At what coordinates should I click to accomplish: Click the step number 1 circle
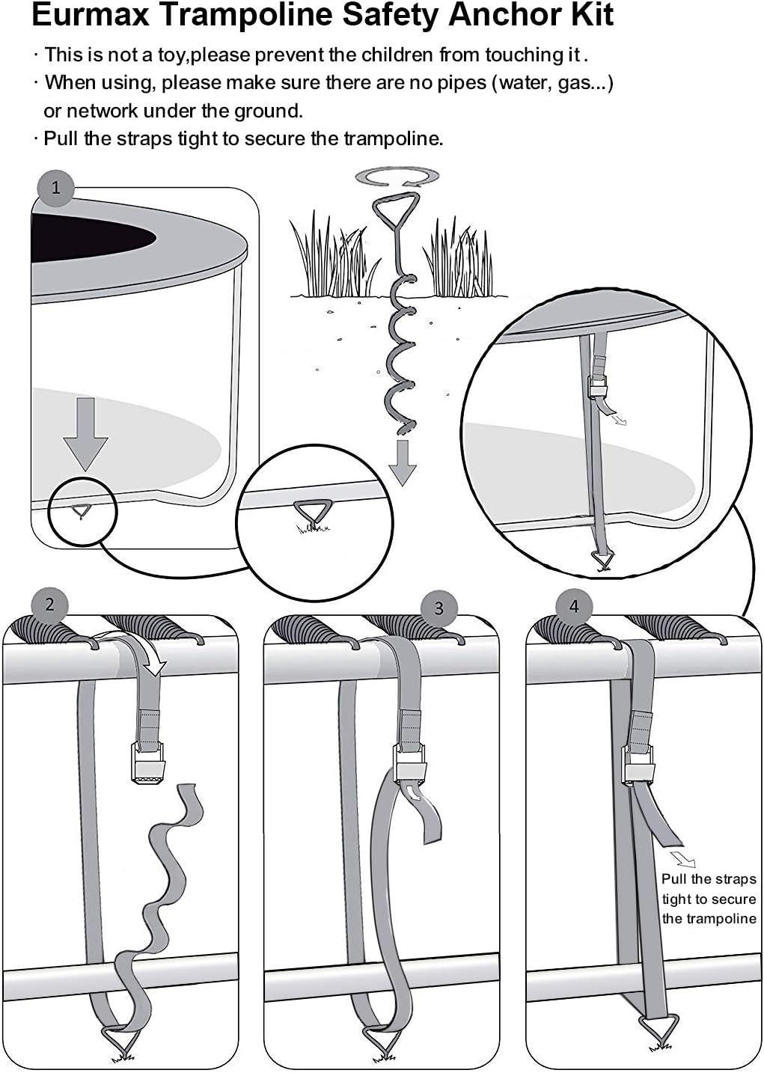(x=55, y=187)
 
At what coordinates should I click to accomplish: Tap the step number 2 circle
(x=50, y=604)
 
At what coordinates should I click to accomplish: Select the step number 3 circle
(x=438, y=608)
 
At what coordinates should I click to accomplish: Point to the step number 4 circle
(x=574, y=605)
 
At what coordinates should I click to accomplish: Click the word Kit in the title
(x=591, y=15)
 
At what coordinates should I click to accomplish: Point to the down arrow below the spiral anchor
(x=403, y=462)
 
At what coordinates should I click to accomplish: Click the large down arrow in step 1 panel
(x=86, y=434)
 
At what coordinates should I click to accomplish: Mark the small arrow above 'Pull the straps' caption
(x=682, y=858)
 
